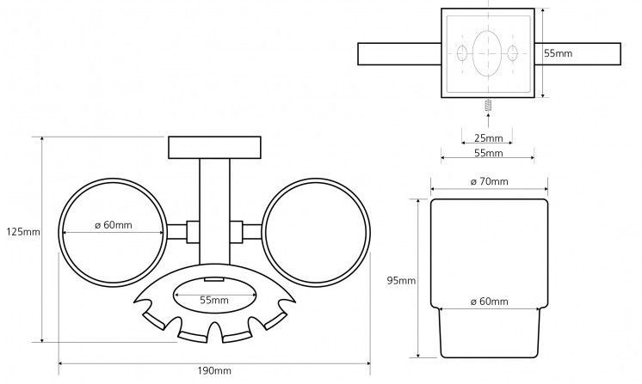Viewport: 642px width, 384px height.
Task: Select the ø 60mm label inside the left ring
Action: coord(114,226)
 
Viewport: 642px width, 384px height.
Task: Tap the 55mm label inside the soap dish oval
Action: coord(213,300)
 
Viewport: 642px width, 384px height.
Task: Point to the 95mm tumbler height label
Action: coord(402,281)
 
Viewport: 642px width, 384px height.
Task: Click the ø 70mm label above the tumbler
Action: coord(489,181)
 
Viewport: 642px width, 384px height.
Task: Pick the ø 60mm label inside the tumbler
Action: coord(489,302)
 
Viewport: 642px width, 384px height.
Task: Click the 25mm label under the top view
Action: coord(488,137)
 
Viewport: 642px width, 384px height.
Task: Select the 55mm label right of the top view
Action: coord(558,52)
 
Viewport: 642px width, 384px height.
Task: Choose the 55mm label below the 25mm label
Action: coord(488,153)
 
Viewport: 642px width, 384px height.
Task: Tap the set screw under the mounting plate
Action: coord(488,107)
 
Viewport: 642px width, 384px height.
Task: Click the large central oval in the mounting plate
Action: coord(488,52)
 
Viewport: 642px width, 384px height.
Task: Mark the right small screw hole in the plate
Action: coord(515,53)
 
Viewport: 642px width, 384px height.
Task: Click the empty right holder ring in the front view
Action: coord(314,228)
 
